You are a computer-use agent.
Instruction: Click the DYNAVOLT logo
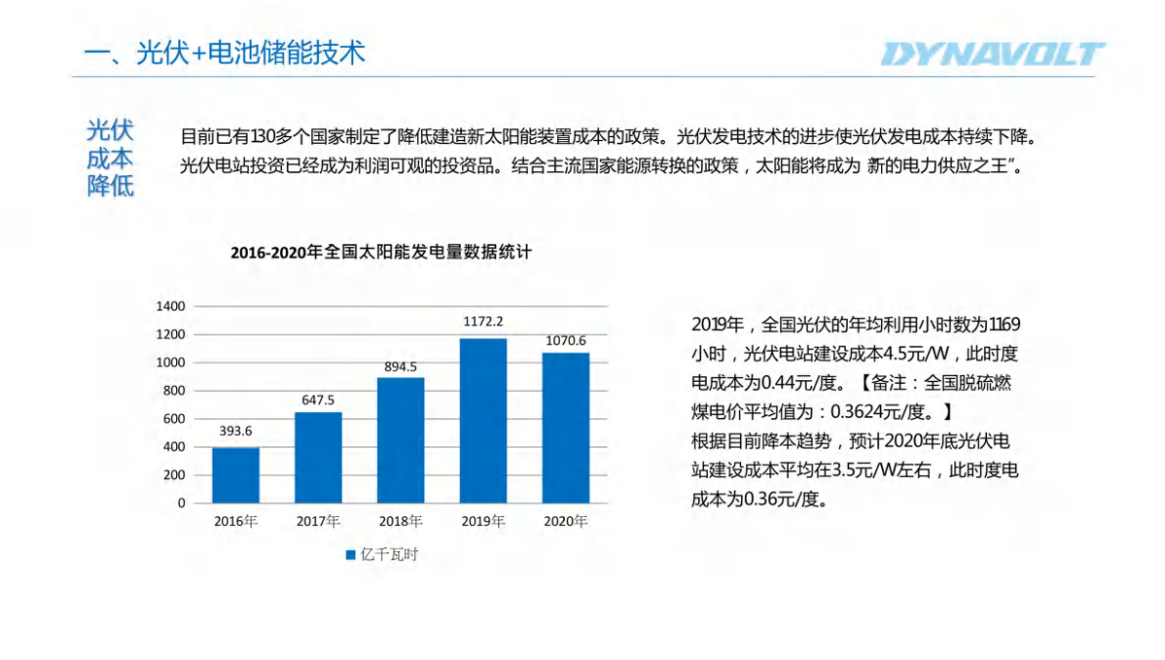click(992, 54)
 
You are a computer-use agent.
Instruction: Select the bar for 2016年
click(236, 475)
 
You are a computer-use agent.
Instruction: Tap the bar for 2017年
click(318, 457)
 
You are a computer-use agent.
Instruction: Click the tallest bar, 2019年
click(484, 420)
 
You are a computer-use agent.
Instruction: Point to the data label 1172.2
click(484, 321)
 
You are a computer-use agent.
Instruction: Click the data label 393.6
click(236, 431)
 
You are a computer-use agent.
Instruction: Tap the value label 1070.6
click(566, 340)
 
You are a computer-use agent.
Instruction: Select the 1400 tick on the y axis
click(171, 306)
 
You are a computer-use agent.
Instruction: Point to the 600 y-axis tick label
click(175, 419)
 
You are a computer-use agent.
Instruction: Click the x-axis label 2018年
click(400, 521)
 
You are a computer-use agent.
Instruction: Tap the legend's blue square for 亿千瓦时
click(349, 555)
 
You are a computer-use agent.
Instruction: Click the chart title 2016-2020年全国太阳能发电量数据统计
click(381, 253)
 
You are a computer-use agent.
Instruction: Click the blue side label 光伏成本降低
click(111, 159)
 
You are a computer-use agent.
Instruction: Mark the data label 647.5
click(318, 401)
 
